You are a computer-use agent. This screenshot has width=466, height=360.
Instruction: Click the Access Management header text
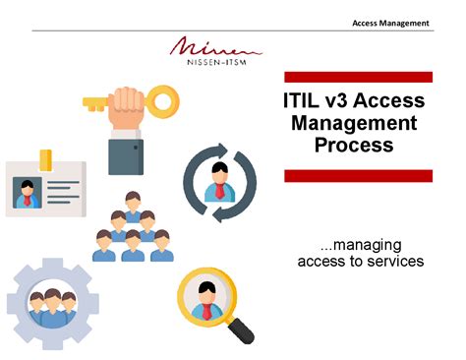coord(390,23)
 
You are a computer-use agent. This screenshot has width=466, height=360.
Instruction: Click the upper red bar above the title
coord(358,77)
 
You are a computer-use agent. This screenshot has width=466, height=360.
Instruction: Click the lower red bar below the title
coord(358,175)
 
